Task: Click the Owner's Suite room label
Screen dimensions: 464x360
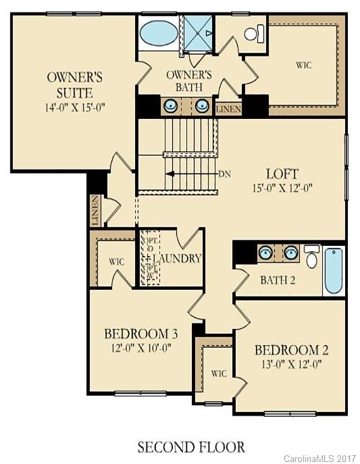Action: coord(75,84)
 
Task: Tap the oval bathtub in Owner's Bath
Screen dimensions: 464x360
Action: coord(159,32)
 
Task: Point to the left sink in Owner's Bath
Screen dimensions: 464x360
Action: coord(172,105)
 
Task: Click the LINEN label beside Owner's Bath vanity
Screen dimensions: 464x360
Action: coord(228,109)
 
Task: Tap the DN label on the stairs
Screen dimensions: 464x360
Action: coord(225,174)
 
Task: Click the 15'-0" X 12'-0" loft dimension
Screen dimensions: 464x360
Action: coord(278,188)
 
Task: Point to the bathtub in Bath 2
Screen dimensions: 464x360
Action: coord(333,271)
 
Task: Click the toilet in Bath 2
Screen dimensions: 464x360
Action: coord(311,257)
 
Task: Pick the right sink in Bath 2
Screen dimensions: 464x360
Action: coord(291,253)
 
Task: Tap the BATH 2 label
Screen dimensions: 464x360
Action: coord(278,280)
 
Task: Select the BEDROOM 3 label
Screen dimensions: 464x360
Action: coord(140,334)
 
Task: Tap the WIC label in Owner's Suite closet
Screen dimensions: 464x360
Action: coord(303,66)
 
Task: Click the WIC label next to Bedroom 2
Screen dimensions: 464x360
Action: coord(218,373)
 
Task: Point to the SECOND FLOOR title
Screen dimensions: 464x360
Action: coord(191,446)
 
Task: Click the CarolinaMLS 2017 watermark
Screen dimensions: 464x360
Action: coord(320,458)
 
